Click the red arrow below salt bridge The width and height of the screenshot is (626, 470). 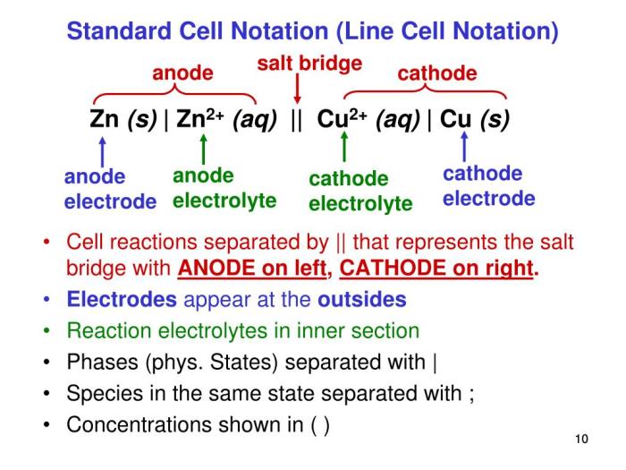(x=297, y=89)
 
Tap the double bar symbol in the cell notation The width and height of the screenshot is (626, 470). (x=296, y=119)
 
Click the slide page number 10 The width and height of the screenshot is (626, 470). (x=581, y=439)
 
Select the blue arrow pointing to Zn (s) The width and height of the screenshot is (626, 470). (x=103, y=152)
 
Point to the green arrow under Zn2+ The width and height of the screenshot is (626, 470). (x=204, y=150)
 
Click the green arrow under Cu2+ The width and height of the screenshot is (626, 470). (x=344, y=147)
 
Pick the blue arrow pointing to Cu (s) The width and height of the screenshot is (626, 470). (x=464, y=147)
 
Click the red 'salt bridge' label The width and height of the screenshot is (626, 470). (x=309, y=64)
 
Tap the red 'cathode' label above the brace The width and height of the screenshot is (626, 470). (x=437, y=73)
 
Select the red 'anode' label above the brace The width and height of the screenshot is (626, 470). (x=182, y=73)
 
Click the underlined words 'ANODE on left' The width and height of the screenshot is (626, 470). (x=252, y=268)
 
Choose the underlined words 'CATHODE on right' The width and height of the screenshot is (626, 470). (x=436, y=268)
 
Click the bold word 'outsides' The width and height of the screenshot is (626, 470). (x=362, y=299)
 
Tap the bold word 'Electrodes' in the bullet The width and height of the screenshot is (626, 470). (x=122, y=299)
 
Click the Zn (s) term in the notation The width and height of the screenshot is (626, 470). (x=123, y=119)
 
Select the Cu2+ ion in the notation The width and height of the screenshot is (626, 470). (x=342, y=118)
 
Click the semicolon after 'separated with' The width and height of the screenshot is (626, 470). (x=471, y=395)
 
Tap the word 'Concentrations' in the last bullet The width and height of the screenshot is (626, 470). (x=139, y=424)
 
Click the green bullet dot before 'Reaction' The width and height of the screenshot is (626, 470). (x=47, y=331)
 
